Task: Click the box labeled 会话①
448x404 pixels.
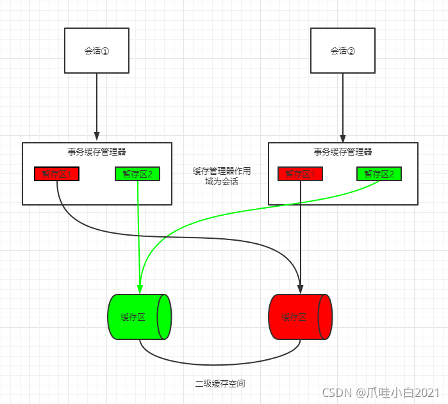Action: click(97, 51)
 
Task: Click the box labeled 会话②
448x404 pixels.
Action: click(343, 51)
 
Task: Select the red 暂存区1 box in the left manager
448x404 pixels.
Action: click(57, 174)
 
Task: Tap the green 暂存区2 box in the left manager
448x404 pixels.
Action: click(138, 174)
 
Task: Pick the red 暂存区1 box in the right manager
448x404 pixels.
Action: click(301, 174)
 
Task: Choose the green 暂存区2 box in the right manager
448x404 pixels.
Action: click(379, 174)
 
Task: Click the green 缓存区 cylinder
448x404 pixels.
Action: click(139, 317)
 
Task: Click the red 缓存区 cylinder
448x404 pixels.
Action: click(300, 317)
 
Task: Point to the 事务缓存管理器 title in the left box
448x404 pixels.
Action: click(97, 152)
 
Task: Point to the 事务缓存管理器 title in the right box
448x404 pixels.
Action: click(343, 152)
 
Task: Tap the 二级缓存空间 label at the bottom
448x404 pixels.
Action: click(220, 384)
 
